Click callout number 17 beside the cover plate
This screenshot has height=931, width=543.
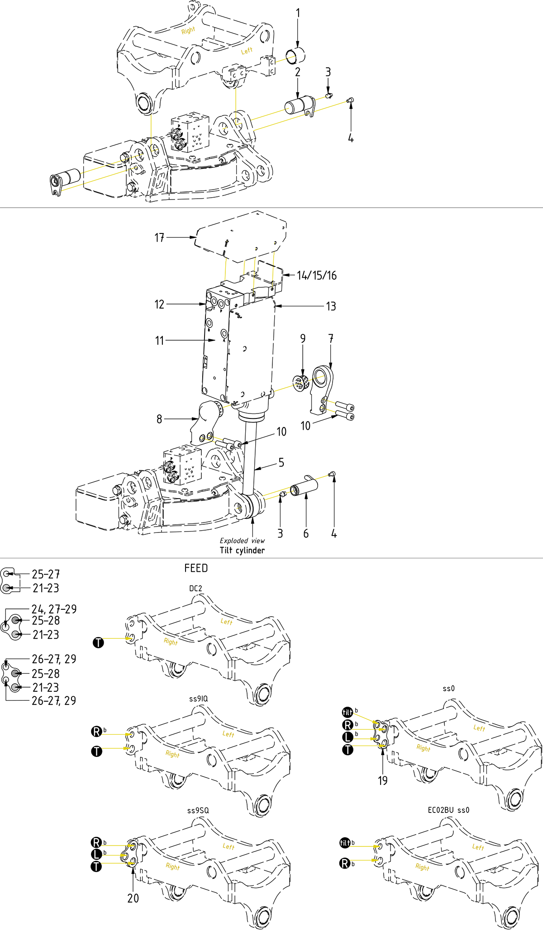tap(159, 237)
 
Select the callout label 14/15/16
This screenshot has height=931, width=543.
tap(317, 275)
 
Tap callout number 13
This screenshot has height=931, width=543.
tap(331, 306)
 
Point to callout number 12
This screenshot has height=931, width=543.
tap(159, 304)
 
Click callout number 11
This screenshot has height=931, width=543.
tap(159, 340)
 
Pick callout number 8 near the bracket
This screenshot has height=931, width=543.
tap(159, 419)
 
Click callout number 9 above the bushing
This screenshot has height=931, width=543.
tap(303, 338)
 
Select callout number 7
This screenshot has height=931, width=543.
tap(331, 338)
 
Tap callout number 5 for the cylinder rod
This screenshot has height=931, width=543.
tap(281, 462)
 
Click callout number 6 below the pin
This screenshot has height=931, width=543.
tap(306, 534)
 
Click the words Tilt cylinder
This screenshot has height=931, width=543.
tap(242, 551)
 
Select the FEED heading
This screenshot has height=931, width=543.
tap(196, 568)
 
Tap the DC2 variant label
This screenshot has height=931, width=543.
tap(195, 589)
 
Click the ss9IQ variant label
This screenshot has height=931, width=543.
tap(198, 699)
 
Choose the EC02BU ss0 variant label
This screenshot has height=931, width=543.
tap(448, 810)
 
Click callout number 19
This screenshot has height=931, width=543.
tap(383, 780)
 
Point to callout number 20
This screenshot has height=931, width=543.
tap(133, 898)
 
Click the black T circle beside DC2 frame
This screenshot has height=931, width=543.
tap(98, 642)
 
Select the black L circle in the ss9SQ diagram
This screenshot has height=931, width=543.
tap(96, 855)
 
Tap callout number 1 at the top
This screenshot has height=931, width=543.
tap(298, 13)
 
